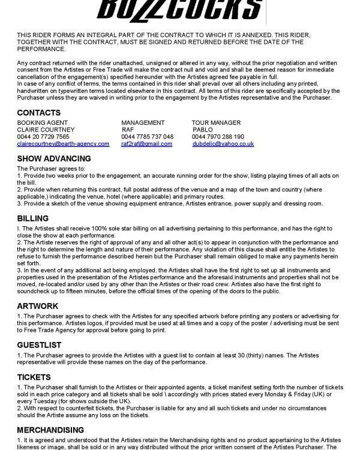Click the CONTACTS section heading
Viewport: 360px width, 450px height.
point(38,113)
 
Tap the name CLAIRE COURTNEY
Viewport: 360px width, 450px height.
point(46,130)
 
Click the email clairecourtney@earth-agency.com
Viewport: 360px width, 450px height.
point(63,144)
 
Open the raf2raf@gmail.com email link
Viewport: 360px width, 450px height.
point(146,144)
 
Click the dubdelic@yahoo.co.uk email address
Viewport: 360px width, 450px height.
point(223,144)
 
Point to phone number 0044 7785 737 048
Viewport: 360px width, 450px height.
point(147,137)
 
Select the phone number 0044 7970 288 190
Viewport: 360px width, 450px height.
point(218,137)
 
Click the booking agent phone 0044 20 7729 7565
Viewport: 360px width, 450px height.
point(43,137)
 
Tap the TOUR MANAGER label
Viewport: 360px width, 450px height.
point(216,122)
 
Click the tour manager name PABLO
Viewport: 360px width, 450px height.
point(203,130)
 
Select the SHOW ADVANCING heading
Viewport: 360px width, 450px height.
point(54,159)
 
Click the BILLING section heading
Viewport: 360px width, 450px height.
point(33,218)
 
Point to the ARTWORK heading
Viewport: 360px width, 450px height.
point(38,306)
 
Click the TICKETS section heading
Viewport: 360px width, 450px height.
point(34,377)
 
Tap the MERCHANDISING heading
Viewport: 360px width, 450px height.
point(50,430)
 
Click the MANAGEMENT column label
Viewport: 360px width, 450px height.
point(143,122)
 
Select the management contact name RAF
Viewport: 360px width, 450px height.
point(128,130)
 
